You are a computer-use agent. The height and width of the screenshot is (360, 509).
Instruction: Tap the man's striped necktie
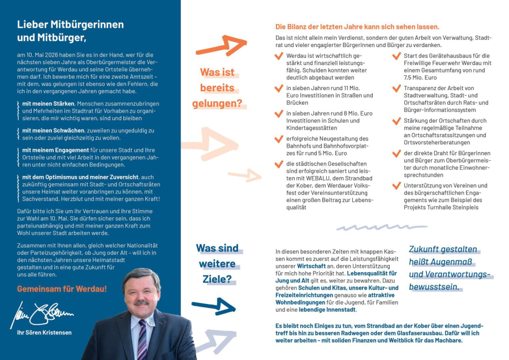141,340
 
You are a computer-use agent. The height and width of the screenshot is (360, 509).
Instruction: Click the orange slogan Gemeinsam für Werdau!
62,289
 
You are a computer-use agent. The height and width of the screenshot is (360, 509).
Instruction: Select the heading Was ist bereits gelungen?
217,88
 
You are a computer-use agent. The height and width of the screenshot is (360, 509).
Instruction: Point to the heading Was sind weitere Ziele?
217,264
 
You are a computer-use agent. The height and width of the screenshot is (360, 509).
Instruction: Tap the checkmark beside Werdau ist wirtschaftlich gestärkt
278,56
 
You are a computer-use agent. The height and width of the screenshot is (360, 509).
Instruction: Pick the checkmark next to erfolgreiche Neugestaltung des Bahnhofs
278,139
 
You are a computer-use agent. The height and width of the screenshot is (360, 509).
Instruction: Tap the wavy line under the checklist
373,228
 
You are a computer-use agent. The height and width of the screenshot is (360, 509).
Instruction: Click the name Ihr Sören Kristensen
45,332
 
